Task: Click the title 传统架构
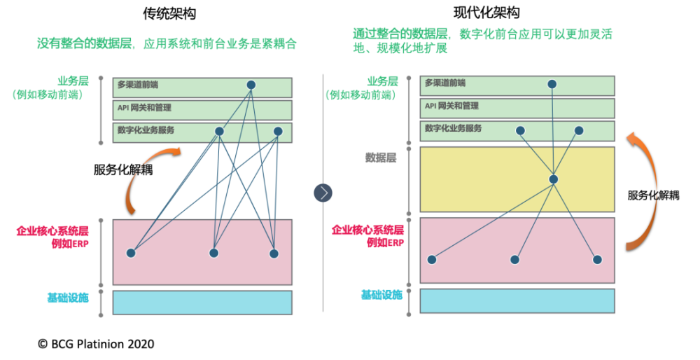[169, 14]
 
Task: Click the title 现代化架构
[486, 13]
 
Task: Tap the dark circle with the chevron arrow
[323, 193]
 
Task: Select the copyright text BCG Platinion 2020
[96, 344]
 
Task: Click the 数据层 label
[381, 158]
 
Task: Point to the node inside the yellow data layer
[554, 179]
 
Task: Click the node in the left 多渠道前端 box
[251, 85]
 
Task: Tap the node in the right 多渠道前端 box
[552, 84]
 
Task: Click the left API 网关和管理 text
[144, 108]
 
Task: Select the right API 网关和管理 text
[451, 106]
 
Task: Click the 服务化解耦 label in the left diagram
[123, 169]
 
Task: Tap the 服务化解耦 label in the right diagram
[654, 195]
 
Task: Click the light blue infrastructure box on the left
[202, 303]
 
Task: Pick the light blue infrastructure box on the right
[517, 300]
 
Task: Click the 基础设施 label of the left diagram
[68, 298]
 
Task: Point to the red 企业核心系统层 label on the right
[367, 230]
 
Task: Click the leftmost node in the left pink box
[131, 254]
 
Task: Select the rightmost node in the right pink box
[597, 260]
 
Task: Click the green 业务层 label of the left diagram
[73, 81]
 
